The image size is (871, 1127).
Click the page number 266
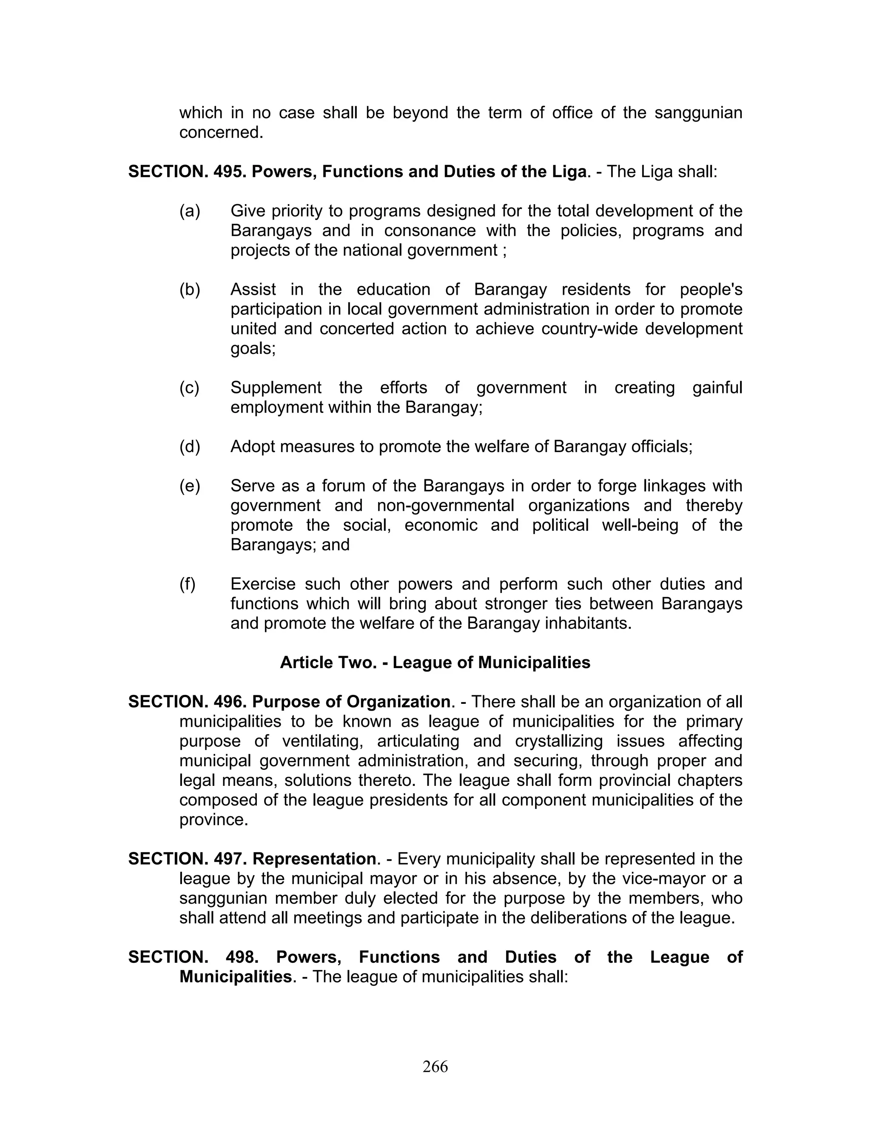click(435, 1066)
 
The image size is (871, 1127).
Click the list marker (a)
click(190, 211)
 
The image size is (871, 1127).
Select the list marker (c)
click(189, 387)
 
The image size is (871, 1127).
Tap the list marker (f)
click(187, 584)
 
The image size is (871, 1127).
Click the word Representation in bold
click(314, 859)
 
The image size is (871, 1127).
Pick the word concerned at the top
click(221, 133)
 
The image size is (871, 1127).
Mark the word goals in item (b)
click(252, 349)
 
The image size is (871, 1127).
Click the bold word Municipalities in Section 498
click(235, 977)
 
